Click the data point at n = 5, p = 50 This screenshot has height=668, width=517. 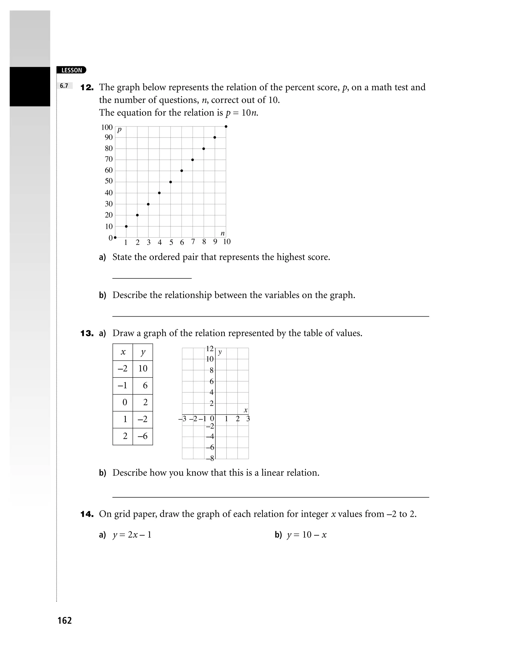170,182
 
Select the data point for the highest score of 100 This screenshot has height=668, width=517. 226,126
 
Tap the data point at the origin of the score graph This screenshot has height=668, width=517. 115,237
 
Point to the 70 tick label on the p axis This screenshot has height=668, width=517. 109,159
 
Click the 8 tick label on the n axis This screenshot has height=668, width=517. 204,242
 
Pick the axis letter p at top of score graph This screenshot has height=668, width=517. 119,130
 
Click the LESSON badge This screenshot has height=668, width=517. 71,70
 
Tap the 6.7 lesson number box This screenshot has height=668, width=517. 64,86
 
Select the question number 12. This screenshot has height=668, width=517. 87,87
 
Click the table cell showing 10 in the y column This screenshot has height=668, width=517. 143,369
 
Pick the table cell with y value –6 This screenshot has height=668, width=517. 143,436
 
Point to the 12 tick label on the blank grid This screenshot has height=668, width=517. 210,349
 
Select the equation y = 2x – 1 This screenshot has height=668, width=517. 132,535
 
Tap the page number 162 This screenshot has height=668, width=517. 64,620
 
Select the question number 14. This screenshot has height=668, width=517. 87,514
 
